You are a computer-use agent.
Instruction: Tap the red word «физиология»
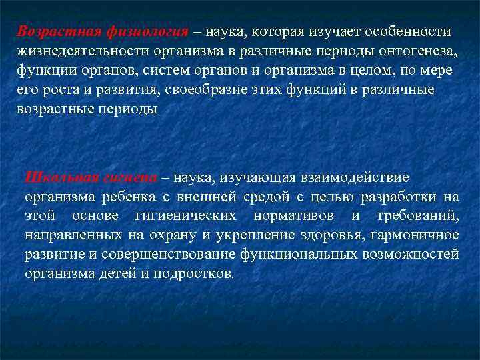(x=145, y=31)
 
